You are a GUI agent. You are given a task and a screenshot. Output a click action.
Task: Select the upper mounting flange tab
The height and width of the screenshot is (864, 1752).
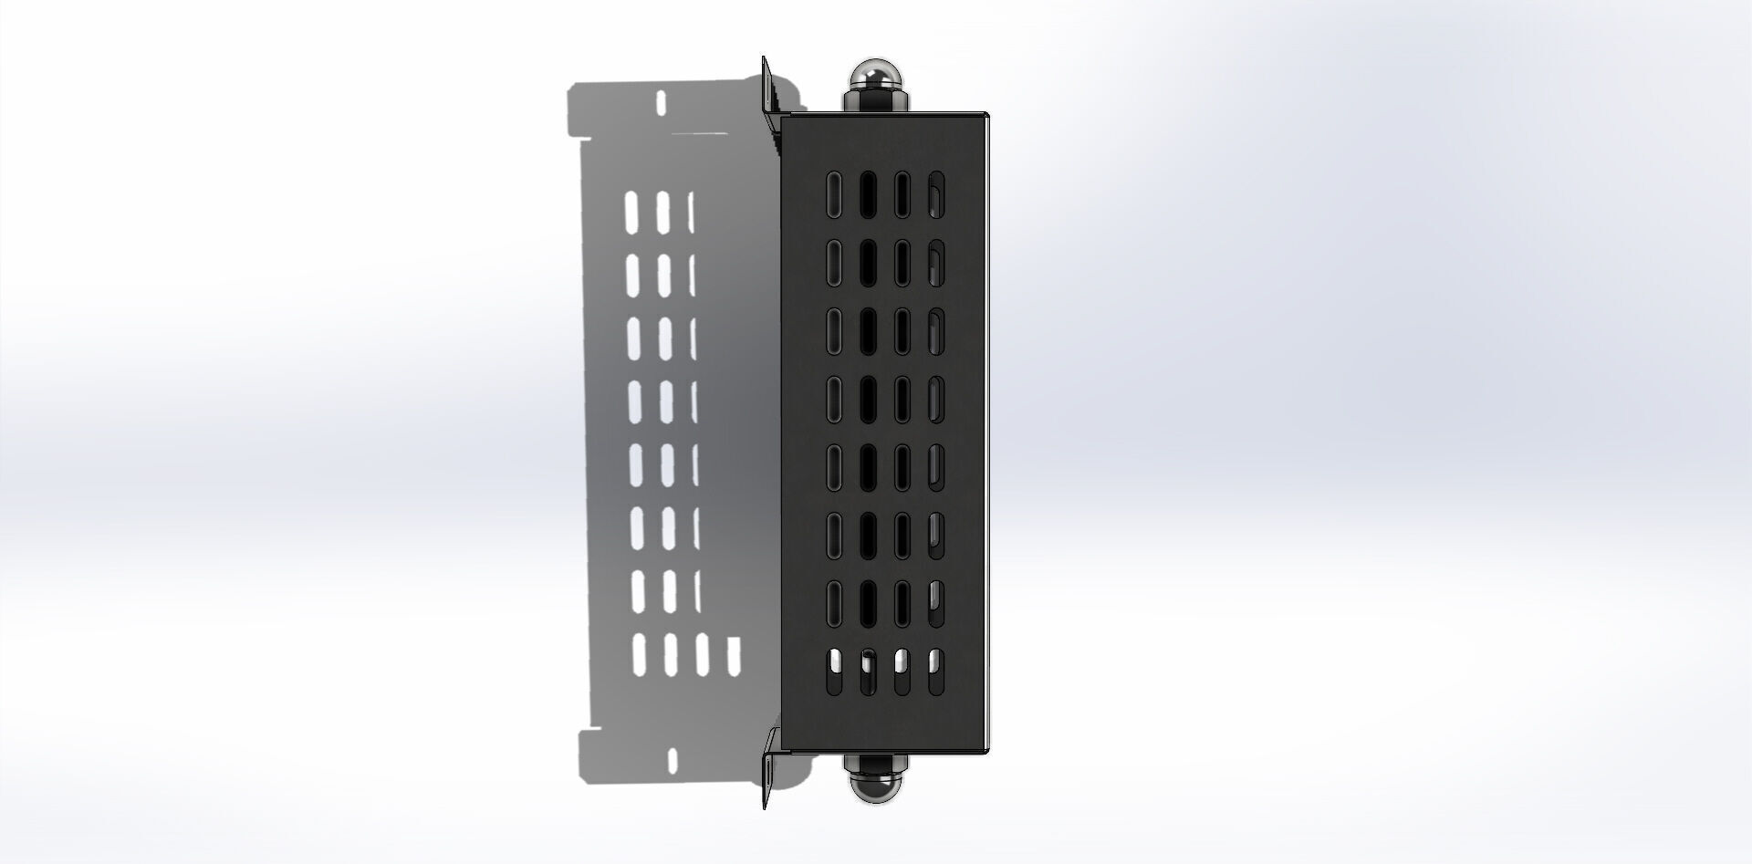[x=767, y=87]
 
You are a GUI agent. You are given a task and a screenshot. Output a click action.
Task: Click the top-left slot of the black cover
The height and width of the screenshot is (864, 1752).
[x=834, y=195]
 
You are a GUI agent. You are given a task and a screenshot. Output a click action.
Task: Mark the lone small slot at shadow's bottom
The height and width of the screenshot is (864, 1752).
[x=673, y=759]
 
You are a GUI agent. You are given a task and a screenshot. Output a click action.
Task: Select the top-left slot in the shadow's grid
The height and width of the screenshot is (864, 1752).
[x=631, y=211]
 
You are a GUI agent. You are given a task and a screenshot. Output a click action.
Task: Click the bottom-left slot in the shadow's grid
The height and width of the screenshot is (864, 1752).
[x=639, y=655]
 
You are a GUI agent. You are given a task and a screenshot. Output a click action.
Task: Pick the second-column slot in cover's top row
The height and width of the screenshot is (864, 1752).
[x=868, y=195]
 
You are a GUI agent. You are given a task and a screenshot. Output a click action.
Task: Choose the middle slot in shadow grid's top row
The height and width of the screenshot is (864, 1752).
[x=662, y=211]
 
